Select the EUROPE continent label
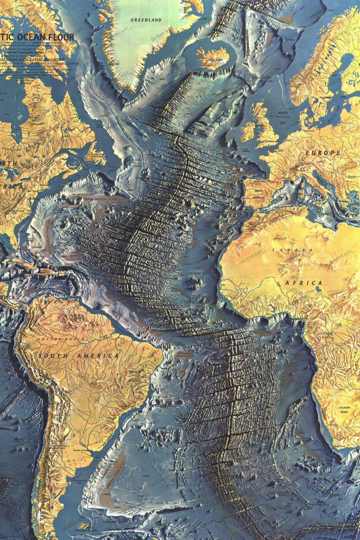[323, 153]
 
